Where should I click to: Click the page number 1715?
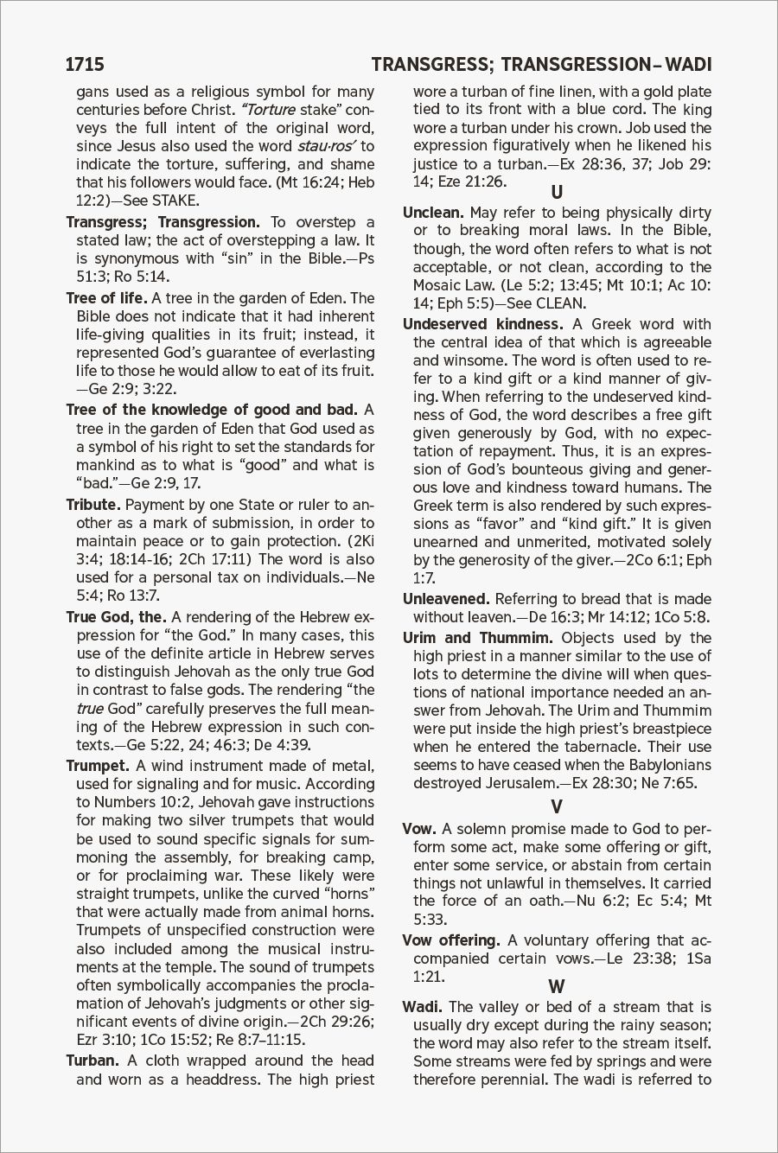(x=85, y=65)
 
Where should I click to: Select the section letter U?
(x=557, y=192)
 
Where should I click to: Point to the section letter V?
(x=557, y=807)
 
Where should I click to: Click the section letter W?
(x=557, y=986)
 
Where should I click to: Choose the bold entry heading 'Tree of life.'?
(x=106, y=299)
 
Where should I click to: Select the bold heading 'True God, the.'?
(x=116, y=617)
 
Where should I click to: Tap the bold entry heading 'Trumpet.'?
(x=98, y=766)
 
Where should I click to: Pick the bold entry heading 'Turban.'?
(x=92, y=1061)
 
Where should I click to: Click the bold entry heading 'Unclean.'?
(x=434, y=213)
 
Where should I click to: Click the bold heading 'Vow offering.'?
(x=451, y=940)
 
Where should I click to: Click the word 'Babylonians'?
(x=662, y=765)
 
